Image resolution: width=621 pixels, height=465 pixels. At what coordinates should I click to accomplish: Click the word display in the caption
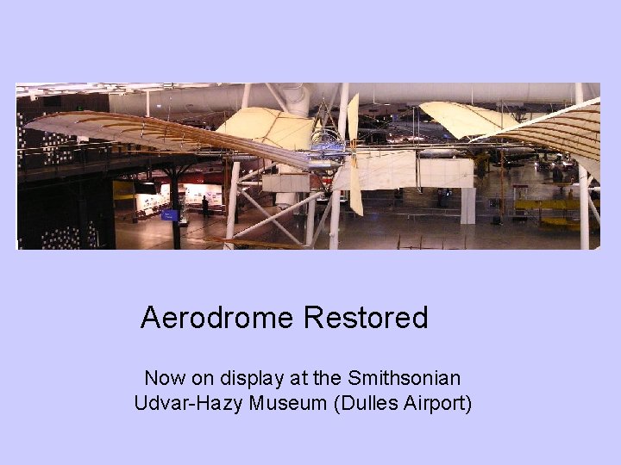(x=254, y=378)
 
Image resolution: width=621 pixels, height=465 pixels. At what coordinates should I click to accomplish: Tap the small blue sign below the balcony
(x=170, y=214)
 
